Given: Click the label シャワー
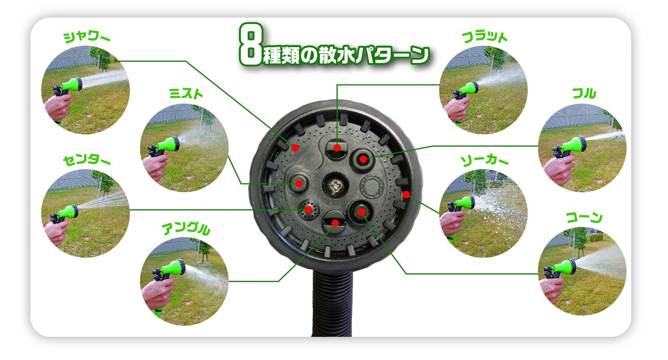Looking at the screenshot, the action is (x=87, y=37).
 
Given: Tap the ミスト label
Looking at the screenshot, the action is (x=186, y=93).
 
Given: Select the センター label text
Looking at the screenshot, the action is (x=87, y=160).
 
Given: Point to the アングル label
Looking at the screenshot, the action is (x=186, y=229).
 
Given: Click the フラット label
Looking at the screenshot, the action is (x=485, y=37).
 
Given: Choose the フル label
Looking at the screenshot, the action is (x=584, y=93).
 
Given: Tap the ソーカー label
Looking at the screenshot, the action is (x=484, y=161).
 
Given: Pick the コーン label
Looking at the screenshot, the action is (x=584, y=217).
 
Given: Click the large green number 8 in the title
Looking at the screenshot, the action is (x=251, y=44).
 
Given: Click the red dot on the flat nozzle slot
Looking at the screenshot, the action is (x=337, y=148).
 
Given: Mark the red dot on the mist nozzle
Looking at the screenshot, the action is (x=299, y=183).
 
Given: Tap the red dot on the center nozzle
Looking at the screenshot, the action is (x=309, y=210).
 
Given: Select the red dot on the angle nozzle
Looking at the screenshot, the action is (x=335, y=223).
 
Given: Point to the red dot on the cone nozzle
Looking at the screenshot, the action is (x=361, y=212).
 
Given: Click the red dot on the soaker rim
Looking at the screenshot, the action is (x=406, y=195).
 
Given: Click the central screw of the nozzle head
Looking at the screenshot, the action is (x=336, y=186).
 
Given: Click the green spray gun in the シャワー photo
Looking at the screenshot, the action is (x=69, y=86).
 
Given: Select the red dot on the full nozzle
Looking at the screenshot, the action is (x=363, y=159).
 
